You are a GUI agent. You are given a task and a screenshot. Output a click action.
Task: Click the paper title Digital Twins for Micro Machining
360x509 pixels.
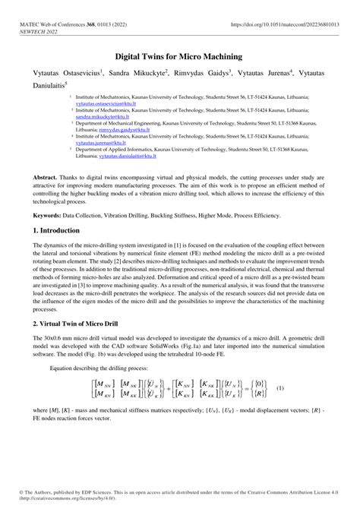pos(179,56)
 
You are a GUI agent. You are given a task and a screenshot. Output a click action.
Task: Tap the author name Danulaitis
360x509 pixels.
pos(47,84)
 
